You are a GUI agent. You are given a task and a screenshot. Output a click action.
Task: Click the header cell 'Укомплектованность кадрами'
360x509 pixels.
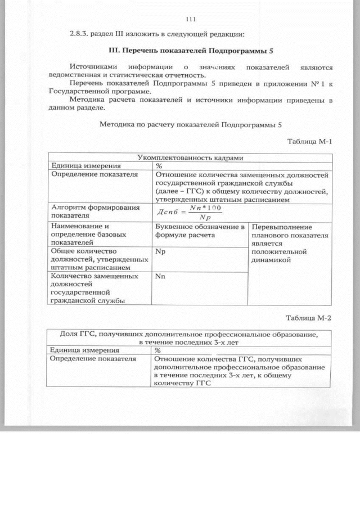click(190, 157)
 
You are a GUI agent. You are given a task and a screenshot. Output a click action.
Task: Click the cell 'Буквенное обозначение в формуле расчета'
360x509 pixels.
click(200, 231)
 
